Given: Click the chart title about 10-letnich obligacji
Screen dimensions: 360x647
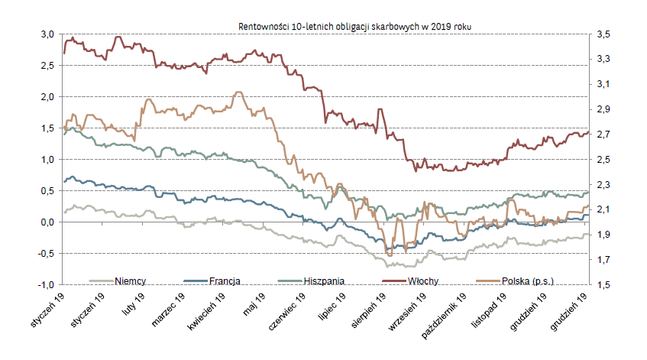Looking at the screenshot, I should coord(354,26).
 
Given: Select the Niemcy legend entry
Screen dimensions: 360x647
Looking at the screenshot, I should coord(131,281).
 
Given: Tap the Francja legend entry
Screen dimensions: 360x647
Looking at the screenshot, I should coord(225,281).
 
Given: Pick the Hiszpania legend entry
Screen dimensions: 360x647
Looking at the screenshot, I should coord(325,281).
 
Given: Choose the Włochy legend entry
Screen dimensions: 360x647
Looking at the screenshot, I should coord(422,281).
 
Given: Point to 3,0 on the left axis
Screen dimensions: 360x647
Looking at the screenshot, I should coord(47,34).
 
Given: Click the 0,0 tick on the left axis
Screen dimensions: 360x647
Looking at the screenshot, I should coord(47,222).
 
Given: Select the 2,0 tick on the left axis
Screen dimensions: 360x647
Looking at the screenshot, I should coord(47,97).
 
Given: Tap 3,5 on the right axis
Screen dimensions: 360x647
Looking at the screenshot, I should coord(603,34).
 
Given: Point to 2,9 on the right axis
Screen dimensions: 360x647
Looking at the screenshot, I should coord(603,109).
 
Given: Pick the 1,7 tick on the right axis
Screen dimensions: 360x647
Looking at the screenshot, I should coord(603,260).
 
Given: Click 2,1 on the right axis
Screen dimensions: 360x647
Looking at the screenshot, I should coord(603,209).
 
